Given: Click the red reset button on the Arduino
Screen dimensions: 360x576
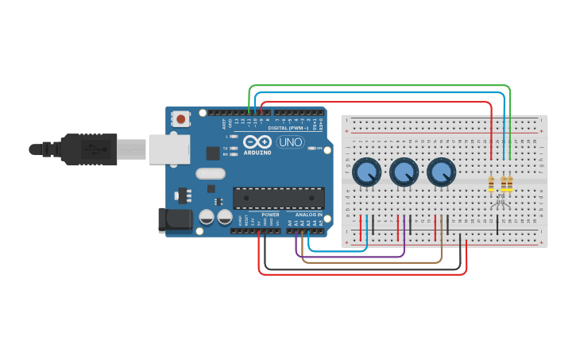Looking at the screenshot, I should pyautogui.click(x=181, y=119).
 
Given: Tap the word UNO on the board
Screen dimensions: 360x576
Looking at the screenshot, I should pyautogui.click(x=290, y=141).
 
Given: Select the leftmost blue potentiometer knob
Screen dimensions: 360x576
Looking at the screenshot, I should pyautogui.click(x=366, y=172).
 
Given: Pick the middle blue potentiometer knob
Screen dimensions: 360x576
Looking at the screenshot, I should pyautogui.click(x=404, y=172).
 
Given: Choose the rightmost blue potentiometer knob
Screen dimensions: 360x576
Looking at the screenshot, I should pyautogui.click(x=441, y=172).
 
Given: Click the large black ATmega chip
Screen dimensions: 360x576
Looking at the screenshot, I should pyautogui.click(x=278, y=198).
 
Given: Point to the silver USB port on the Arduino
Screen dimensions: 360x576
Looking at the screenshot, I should pyautogui.click(x=169, y=149).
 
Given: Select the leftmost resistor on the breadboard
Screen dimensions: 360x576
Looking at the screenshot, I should pyautogui.click(x=491, y=184).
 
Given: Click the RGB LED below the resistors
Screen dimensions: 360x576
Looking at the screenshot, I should pyautogui.click(x=500, y=203).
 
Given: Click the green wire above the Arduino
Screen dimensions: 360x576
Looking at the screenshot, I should pyautogui.click(x=381, y=86).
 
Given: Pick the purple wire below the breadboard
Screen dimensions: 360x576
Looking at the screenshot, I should pyautogui.click(x=350, y=257).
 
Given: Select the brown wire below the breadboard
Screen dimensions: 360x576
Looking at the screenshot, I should pyautogui.click(x=373, y=262).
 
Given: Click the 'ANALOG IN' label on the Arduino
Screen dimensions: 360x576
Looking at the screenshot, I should pyautogui.click(x=309, y=215).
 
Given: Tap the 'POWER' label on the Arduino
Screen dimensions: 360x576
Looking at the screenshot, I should pyautogui.click(x=270, y=215).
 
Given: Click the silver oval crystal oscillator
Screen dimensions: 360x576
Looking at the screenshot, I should pyautogui.click(x=210, y=173).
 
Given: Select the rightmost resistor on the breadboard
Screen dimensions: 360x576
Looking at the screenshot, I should pyautogui.click(x=509, y=184).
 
